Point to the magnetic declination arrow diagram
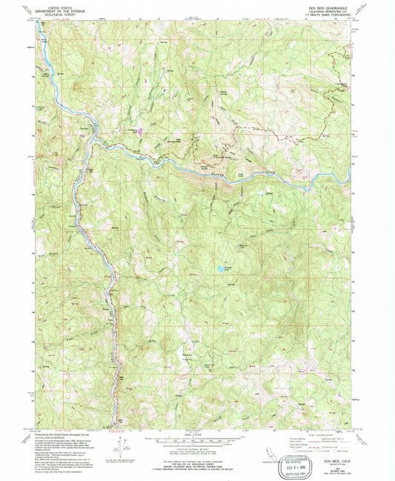pos(122,448)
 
